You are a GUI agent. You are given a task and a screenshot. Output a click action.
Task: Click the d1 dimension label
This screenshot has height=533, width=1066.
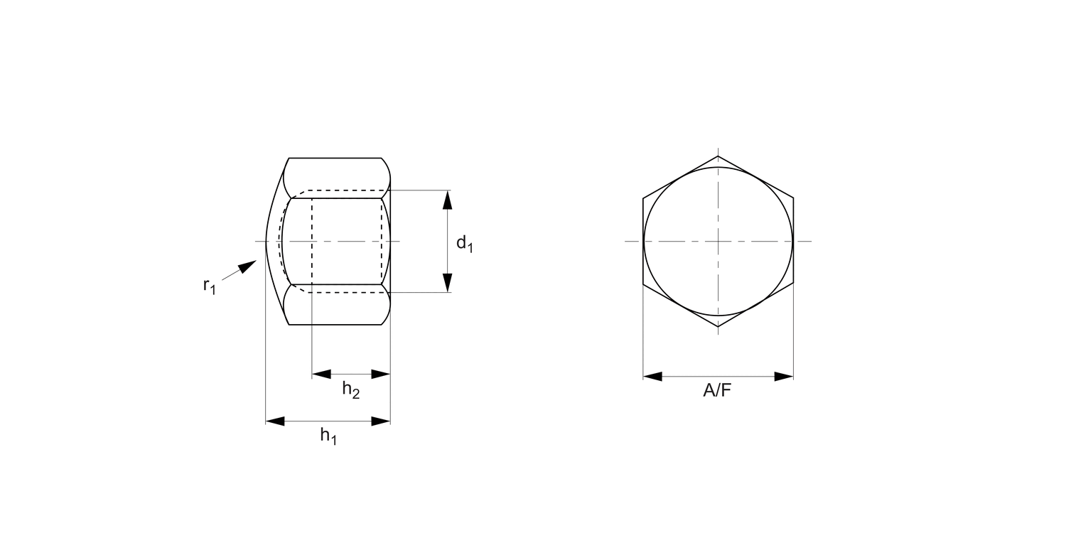(464, 244)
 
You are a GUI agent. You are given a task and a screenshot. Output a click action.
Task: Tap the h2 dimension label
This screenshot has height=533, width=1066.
(350, 389)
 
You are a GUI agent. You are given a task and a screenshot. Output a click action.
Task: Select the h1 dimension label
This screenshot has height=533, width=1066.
(328, 436)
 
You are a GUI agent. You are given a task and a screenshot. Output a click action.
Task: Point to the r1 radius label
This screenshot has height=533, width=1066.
(208, 286)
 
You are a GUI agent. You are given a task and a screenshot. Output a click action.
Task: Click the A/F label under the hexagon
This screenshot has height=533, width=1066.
(716, 391)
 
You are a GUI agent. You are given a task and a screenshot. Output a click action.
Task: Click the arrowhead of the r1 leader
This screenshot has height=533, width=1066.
(248, 266)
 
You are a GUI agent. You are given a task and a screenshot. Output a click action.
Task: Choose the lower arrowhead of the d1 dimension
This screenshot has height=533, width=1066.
(447, 283)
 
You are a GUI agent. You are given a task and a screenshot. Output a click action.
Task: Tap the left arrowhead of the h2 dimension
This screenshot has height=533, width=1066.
(321, 374)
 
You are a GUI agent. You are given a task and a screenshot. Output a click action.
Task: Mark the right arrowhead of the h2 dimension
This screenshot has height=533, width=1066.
(381, 374)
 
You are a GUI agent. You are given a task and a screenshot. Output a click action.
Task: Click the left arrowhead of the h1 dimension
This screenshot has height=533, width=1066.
(275, 421)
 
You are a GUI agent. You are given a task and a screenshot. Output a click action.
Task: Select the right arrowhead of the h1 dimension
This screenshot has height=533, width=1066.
(381, 421)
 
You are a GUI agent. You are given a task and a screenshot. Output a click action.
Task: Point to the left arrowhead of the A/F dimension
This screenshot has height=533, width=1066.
(652, 376)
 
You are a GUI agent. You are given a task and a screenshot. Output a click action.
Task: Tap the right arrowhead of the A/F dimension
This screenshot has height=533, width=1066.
(784, 376)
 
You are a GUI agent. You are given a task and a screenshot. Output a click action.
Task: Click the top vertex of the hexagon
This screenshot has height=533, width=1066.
(718, 156)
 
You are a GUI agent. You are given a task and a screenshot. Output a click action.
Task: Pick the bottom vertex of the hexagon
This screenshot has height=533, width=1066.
(718, 327)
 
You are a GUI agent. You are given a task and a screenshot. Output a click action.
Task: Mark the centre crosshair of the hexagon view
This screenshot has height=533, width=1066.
(718, 242)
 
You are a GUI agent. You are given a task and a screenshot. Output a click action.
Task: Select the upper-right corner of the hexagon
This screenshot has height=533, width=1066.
(793, 198)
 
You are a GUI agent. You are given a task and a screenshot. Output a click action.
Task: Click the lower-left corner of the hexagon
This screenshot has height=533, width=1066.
(643, 284)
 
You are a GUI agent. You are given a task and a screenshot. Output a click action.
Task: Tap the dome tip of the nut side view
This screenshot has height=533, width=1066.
(266, 242)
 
